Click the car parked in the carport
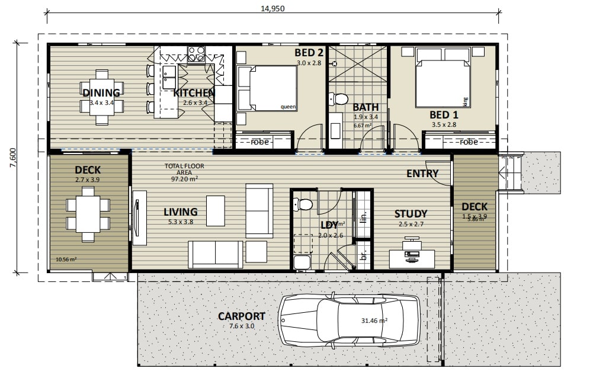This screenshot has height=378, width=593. (350, 320)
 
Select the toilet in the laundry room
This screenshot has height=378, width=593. (304, 205)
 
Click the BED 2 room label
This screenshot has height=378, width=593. (309, 53)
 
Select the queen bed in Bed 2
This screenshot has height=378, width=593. (267, 88)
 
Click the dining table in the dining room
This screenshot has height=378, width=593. (102, 97)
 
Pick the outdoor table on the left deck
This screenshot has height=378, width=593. (88, 214)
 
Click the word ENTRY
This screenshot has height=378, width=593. (422, 174)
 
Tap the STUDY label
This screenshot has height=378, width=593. (411, 213)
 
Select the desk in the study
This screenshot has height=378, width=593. (412, 258)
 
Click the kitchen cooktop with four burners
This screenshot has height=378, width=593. (196, 55)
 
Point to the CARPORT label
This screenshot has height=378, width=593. (241, 316)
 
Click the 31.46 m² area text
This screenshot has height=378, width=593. (374, 321)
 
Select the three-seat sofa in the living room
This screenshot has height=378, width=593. (215, 254)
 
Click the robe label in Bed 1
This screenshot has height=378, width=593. (469, 142)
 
